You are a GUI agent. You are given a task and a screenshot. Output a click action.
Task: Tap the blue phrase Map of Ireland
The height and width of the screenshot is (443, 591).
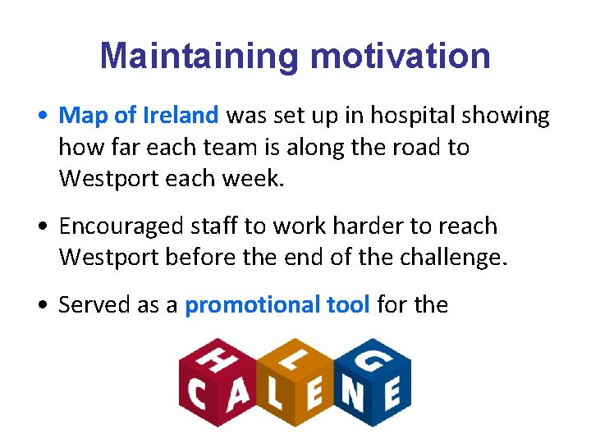tap(139, 116)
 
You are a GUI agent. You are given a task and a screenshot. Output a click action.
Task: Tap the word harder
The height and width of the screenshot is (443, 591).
tap(352, 226)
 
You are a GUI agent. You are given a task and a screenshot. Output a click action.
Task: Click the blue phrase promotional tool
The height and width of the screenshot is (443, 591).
tap(277, 305)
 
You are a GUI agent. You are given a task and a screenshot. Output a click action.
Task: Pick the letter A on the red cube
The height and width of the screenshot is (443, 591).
tap(238, 396)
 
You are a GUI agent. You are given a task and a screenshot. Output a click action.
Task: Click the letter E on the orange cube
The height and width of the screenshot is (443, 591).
tap(314, 396)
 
